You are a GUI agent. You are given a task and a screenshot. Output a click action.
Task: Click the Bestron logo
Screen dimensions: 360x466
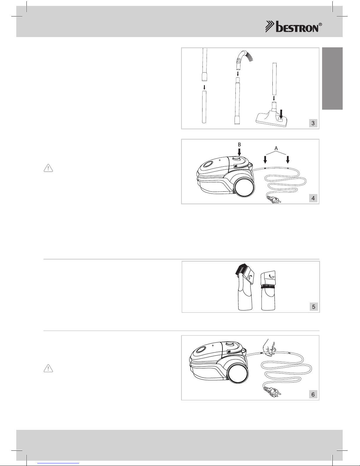click(x=294, y=27)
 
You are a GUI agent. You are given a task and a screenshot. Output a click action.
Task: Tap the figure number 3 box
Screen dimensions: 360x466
click(x=313, y=123)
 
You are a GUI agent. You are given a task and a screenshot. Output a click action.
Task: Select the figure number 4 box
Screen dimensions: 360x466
click(x=313, y=198)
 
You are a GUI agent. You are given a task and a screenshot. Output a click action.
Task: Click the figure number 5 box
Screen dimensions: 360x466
click(x=314, y=307)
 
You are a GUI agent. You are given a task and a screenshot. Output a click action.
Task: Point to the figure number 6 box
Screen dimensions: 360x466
click(x=313, y=394)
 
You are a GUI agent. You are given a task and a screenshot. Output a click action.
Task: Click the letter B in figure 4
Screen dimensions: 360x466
click(x=239, y=145)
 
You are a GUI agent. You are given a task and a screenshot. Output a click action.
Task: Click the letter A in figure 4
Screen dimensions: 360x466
click(x=276, y=148)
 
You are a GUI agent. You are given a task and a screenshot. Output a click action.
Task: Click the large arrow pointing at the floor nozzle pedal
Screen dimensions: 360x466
click(x=281, y=114)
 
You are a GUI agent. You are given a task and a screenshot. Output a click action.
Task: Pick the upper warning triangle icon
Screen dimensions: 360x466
click(x=48, y=168)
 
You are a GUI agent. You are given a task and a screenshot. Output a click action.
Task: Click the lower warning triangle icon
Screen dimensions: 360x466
click(x=48, y=368)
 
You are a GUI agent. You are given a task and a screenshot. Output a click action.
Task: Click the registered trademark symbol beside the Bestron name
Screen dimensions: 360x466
click(x=320, y=24)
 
